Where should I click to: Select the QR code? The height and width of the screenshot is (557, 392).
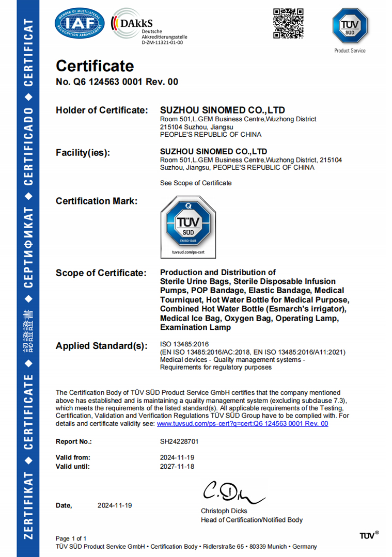pyautogui.click(x=288, y=24)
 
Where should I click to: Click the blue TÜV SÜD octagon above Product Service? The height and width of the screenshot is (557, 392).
pyautogui.click(x=350, y=26)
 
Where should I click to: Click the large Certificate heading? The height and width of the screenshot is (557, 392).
pyautogui.click(x=95, y=66)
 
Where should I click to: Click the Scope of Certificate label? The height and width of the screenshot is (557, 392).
pyautogui.click(x=101, y=273)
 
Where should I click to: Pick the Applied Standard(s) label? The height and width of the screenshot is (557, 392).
pyautogui.click(x=102, y=346)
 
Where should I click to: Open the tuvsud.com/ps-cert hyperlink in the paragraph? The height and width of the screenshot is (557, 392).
pyautogui.click(x=242, y=423)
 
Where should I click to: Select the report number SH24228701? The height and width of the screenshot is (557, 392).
pyautogui.click(x=179, y=442)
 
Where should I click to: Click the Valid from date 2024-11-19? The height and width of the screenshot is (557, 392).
pyautogui.click(x=177, y=457)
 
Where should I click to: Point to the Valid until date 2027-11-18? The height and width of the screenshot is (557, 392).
pyautogui.click(x=177, y=466)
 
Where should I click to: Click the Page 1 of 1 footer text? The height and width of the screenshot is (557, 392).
pyautogui.click(x=71, y=538)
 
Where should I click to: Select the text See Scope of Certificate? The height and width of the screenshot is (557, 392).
pyautogui.click(x=196, y=183)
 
